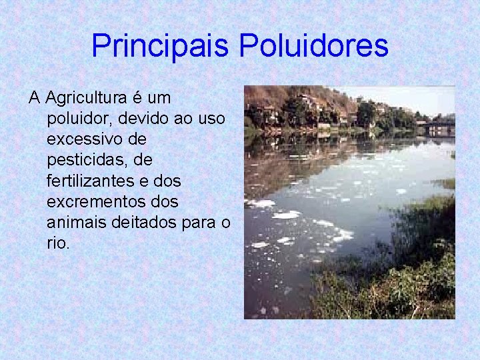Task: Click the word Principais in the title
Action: point(160,46)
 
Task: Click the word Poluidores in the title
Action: point(313,46)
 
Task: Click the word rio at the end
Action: point(57,243)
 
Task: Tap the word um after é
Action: point(159,99)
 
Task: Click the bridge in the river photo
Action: point(441,125)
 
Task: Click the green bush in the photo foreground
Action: point(407,280)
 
